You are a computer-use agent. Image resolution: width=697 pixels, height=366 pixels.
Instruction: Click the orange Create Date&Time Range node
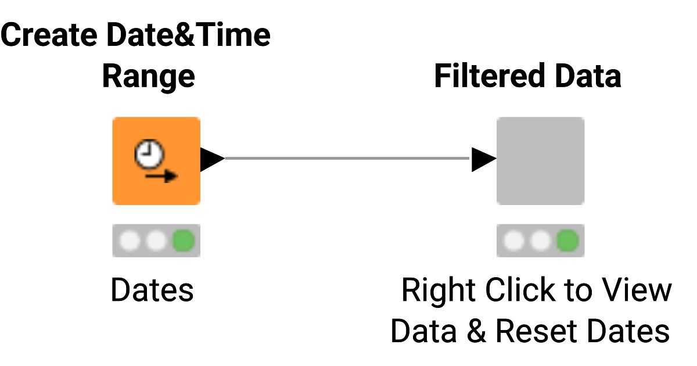[x=156, y=161]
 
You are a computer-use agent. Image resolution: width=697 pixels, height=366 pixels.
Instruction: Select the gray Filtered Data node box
[x=540, y=161]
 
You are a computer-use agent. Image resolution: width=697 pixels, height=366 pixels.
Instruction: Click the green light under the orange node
[x=184, y=240]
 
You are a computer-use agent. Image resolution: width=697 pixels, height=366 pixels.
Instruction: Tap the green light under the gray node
[x=567, y=240]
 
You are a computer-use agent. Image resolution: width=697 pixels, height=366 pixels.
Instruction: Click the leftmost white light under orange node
[x=130, y=240]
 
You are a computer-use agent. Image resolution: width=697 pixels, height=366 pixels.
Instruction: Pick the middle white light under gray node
[x=541, y=240]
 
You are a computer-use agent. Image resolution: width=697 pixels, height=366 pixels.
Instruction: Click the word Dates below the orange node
[x=152, y=290]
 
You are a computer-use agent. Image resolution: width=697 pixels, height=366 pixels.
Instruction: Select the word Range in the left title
[x=148, y=76]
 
